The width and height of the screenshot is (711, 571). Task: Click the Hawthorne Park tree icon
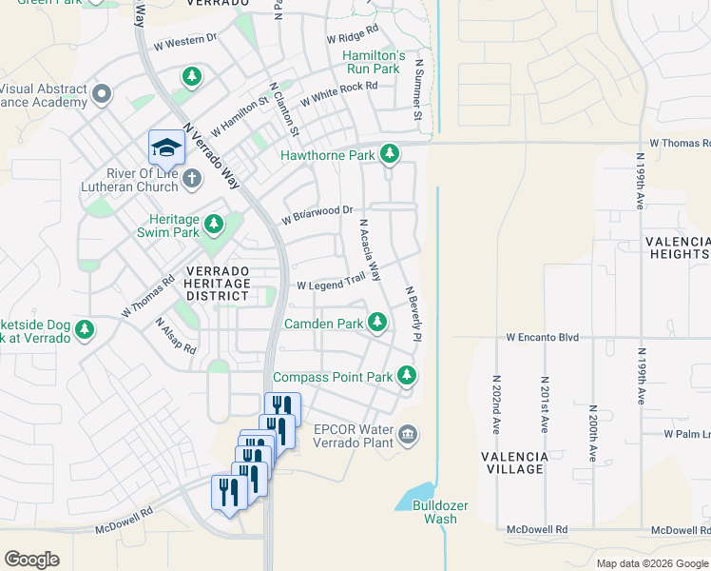[x=389, y=153]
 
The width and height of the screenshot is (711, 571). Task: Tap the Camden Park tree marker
[x=377, y=324]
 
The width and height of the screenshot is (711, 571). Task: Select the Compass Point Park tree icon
[x=407, y=377]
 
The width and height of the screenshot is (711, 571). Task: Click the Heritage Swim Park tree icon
[x=215, y=225]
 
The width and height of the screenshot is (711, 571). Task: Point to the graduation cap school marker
[x=164, y=148]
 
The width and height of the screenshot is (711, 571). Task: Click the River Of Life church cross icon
[x=192, y=178]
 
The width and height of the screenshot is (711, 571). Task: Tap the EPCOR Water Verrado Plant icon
[x=408, y=435]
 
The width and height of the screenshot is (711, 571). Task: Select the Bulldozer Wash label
[x=434, y=512]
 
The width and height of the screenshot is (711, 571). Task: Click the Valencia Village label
[x=514, y=463]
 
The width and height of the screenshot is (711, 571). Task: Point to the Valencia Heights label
[x=677, y=248]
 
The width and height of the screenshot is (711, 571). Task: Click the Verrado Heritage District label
[x=217, y=284]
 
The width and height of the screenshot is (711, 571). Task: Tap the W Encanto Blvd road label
[x=542, y=337]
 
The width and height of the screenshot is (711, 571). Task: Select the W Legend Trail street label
[x=331, y=283]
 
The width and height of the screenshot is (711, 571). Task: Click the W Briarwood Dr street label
[x=317, y=215]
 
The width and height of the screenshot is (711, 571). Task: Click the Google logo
[x=31, y=559]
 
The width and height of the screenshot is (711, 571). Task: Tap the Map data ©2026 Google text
[x=652, y=563]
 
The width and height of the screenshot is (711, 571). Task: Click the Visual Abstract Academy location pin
[x=103, y=94]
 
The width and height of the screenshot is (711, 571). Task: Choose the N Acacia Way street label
[x=370, y=250]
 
